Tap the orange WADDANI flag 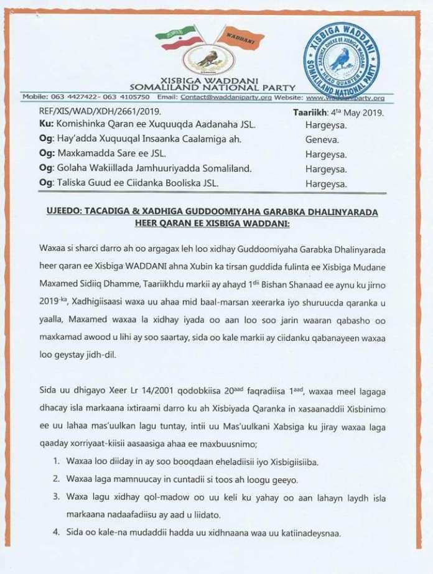240,40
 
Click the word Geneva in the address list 322,139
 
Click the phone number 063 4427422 70,98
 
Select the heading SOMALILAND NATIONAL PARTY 212,88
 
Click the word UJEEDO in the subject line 64,213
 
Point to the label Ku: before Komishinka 29,126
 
